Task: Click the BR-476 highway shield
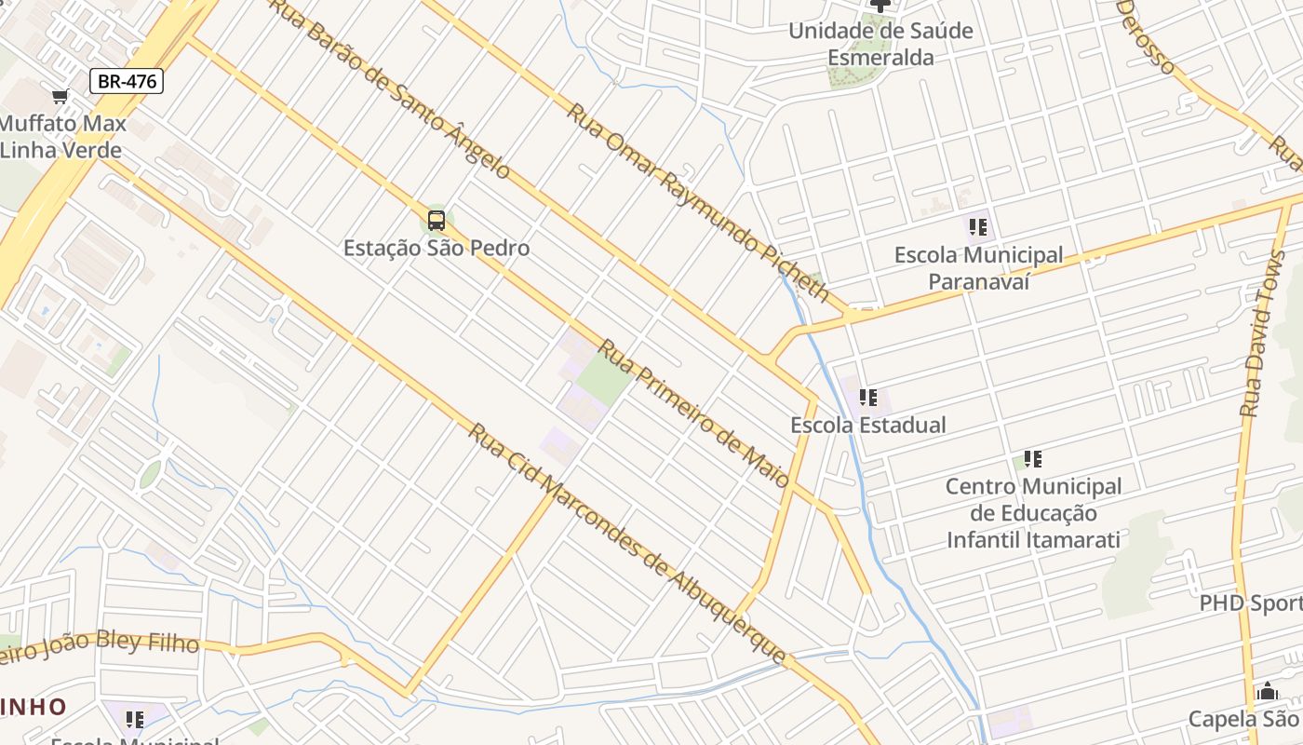127,81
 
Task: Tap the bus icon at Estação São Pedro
436,221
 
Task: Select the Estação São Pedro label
436,248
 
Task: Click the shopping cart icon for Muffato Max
60,97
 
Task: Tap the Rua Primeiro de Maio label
693,413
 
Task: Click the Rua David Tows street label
1261,334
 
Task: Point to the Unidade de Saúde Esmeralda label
880,44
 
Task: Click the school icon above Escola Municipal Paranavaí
977,226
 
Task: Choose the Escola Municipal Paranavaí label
978,268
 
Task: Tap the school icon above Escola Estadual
868,398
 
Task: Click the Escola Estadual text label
867,425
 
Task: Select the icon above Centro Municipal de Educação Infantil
1032,458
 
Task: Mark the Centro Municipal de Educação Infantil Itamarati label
1033,512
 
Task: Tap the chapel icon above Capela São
1267,692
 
